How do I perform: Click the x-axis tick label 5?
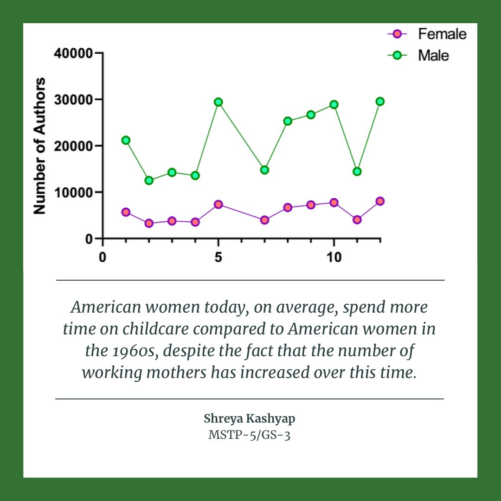218,257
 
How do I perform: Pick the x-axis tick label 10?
334,257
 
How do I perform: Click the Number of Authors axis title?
40,146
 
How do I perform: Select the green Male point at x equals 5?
218,102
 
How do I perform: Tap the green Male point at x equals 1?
126,140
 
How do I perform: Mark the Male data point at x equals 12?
380,102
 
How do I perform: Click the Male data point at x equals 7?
264,170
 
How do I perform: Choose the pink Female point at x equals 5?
218,205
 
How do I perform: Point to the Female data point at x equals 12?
380,201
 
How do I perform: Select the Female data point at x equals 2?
149,223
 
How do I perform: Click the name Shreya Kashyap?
250,418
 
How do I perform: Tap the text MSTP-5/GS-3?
250,436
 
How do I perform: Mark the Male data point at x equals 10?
334,104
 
